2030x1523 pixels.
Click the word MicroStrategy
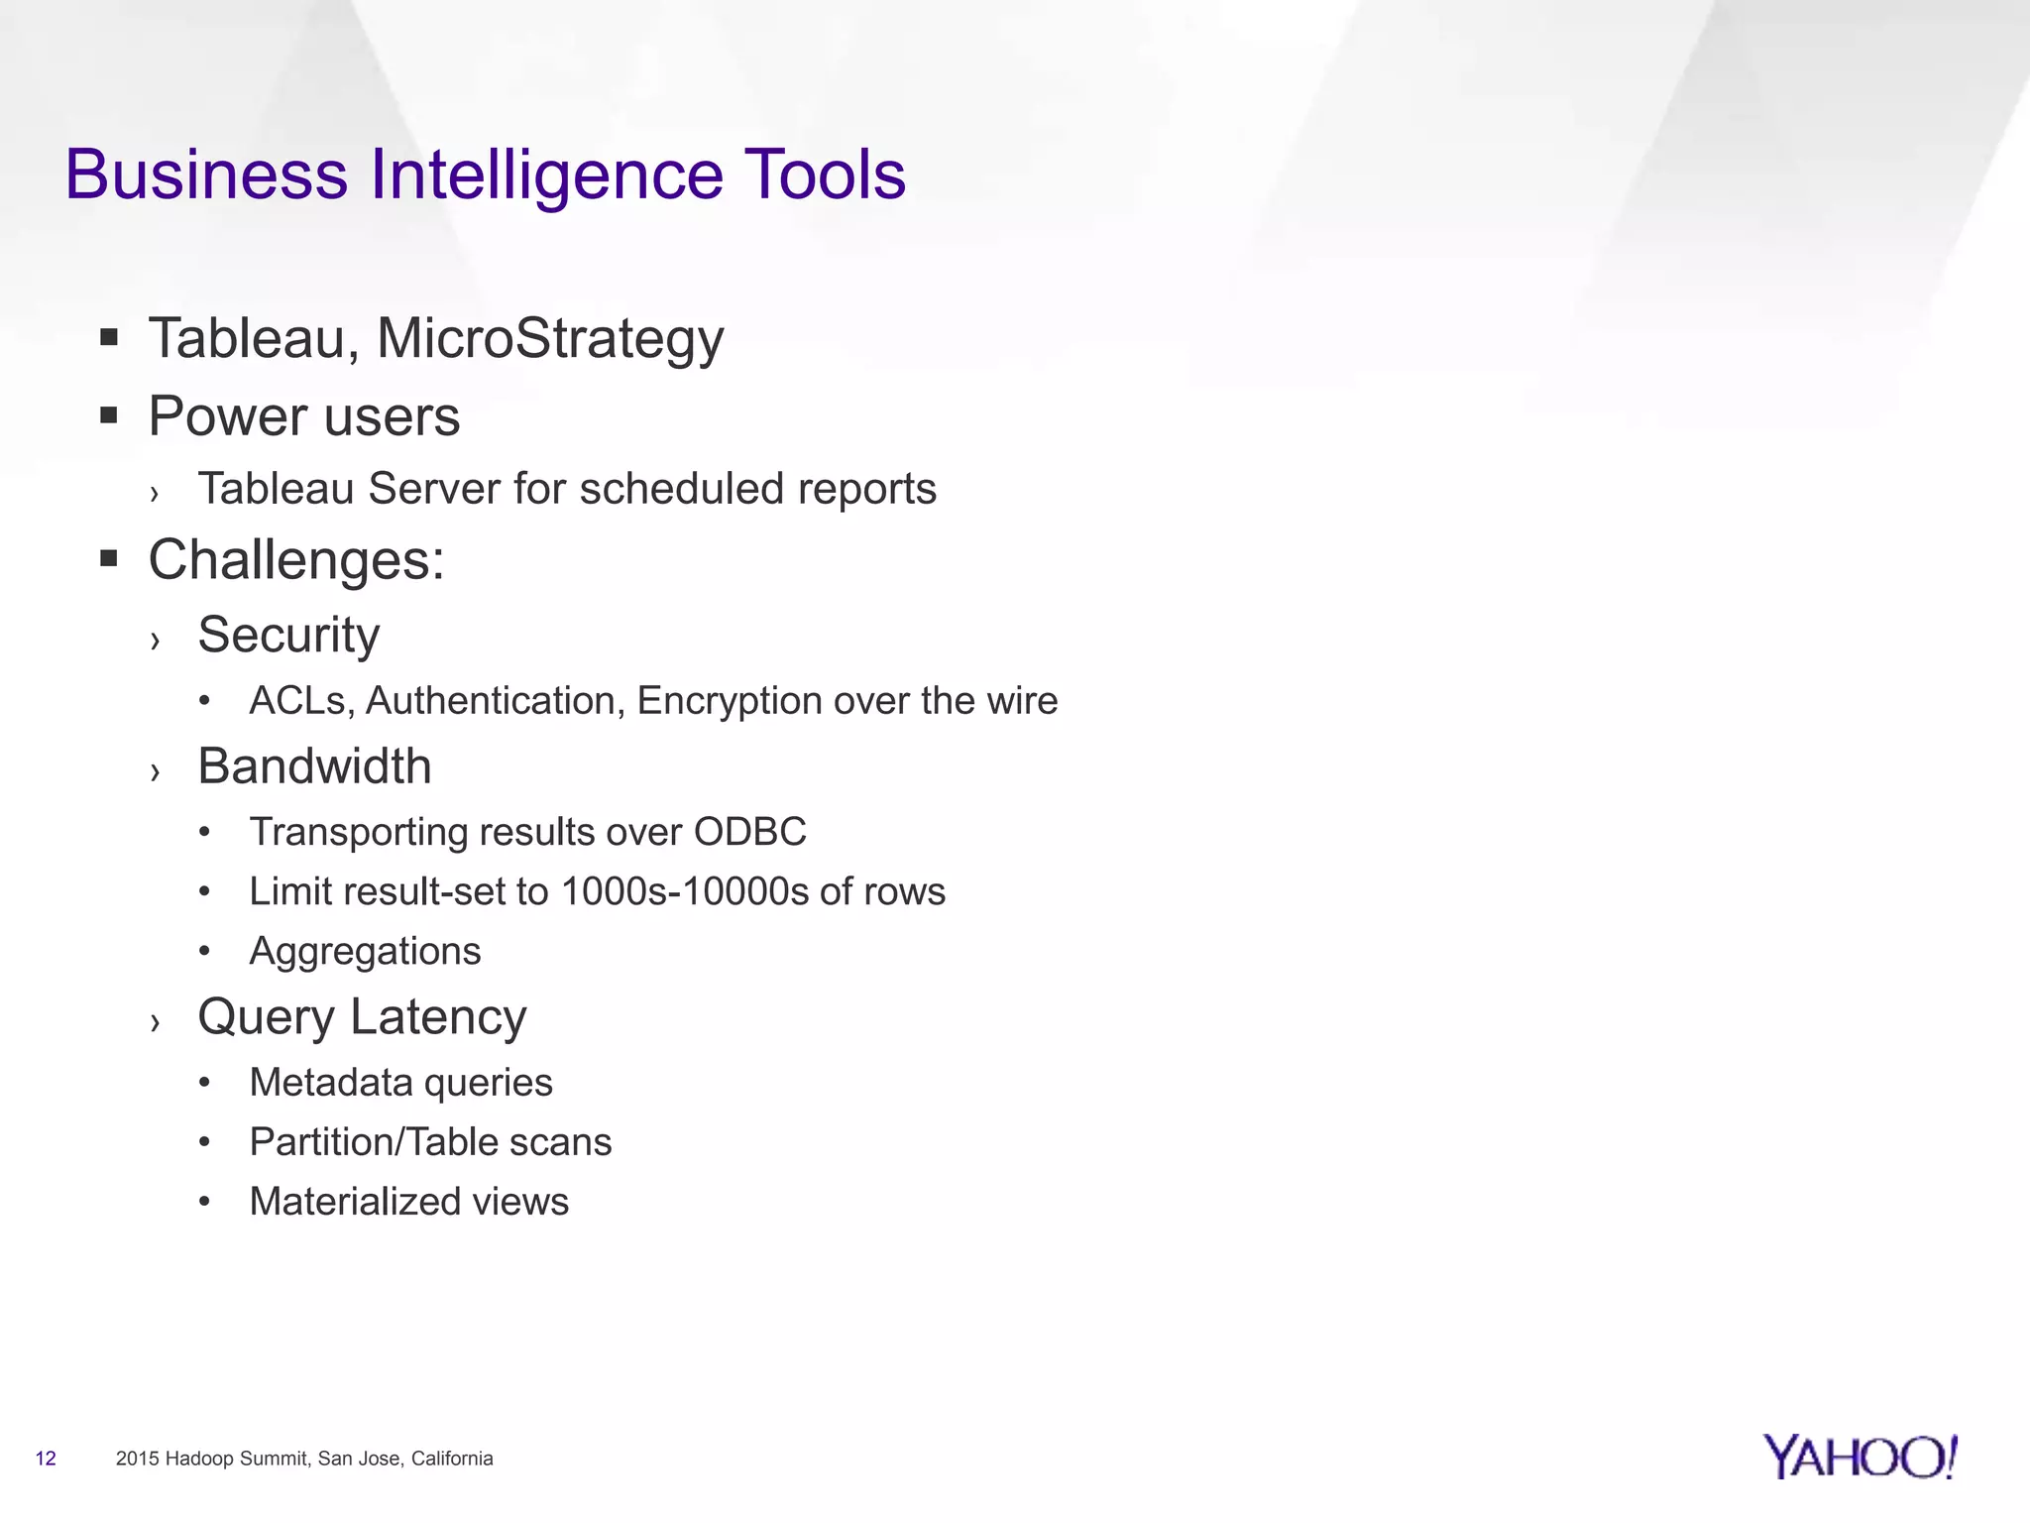click(550, 339)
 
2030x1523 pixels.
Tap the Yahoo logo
click(1860, 1457)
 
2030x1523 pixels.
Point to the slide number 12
click(46, 1459)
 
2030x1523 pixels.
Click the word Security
click(288, 635)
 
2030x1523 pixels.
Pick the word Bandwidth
click(314, 766)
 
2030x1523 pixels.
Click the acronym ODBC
click(749, 832)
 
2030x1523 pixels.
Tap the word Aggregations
click(365, 951)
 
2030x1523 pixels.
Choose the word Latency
click(438, 1017)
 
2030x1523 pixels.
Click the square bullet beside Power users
click(109, 415)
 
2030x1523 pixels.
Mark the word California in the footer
click(452, 1459)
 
